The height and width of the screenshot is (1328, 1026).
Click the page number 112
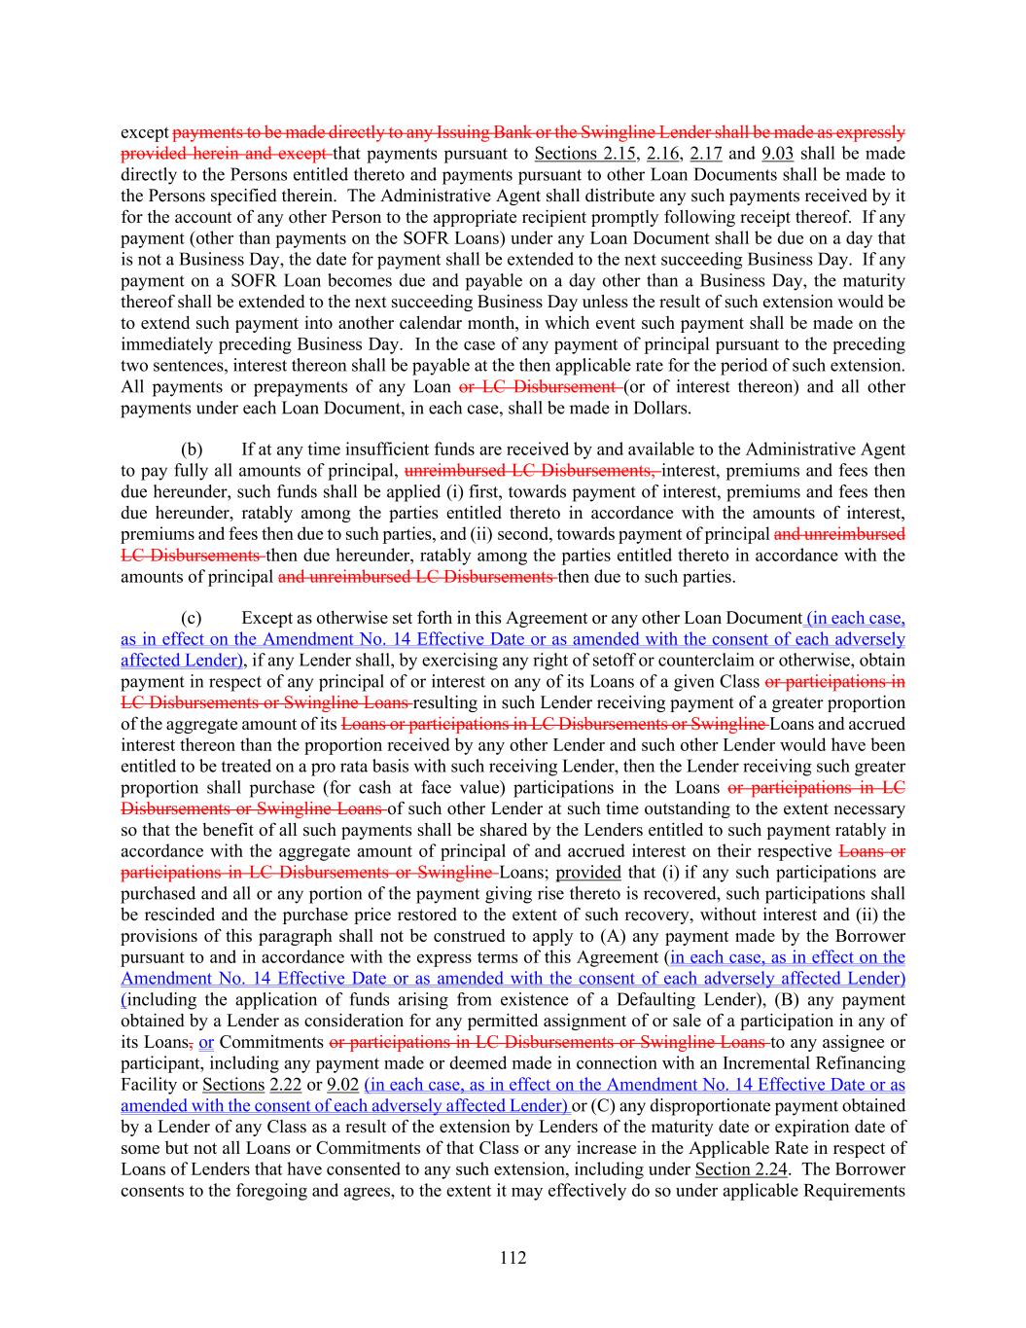point(513,1258)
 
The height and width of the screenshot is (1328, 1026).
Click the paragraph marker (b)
point(192,449)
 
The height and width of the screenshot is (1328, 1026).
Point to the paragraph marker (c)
point(192,619)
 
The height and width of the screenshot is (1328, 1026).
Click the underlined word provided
point(587,873)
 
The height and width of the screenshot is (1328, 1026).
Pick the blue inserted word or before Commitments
point(206,1042)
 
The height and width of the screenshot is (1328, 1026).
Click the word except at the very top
point(144,132)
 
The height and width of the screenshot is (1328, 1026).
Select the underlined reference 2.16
point(662,154)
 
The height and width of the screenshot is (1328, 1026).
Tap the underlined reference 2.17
point(706,154)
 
